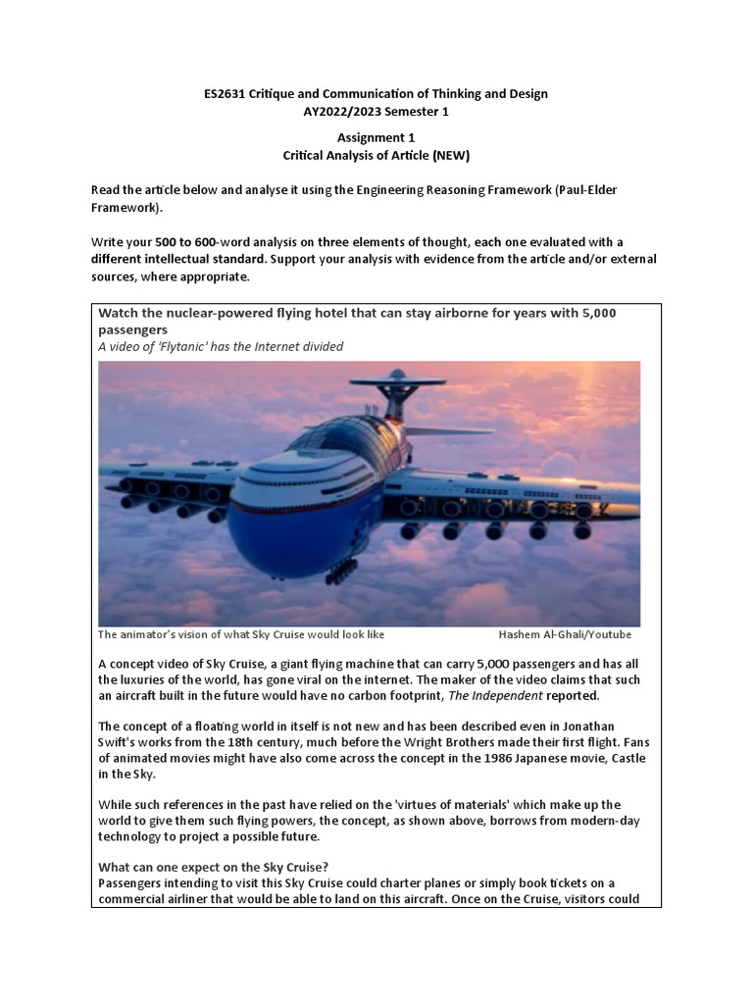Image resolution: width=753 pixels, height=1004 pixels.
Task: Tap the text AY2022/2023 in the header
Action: coord(341,111)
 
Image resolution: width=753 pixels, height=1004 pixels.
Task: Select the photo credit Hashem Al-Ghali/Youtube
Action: coord(565,634)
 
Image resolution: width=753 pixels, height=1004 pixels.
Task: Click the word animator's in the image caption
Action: coord(147,634)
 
